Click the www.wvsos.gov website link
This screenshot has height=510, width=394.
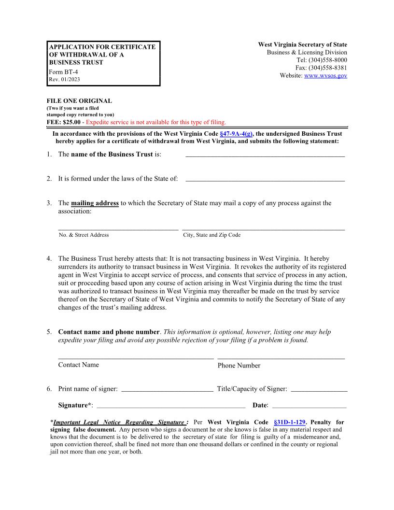(x=325, y=76)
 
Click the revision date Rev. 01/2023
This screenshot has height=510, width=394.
(x=65, y=79)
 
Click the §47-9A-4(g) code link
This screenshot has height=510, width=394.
(x=236, y=134)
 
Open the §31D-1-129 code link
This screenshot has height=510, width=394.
(x=289, y=422)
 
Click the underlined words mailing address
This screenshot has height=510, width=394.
(x=95, y=203)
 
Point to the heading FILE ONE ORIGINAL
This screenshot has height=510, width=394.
(x=79, y=101)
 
